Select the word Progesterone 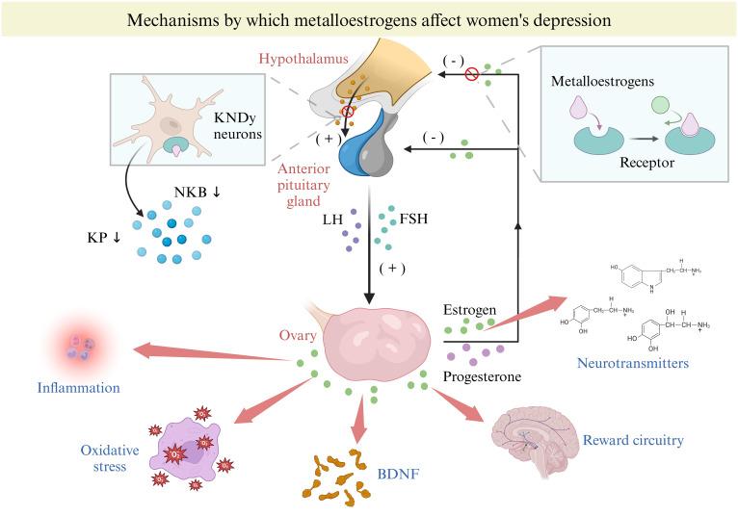point(483,376)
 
